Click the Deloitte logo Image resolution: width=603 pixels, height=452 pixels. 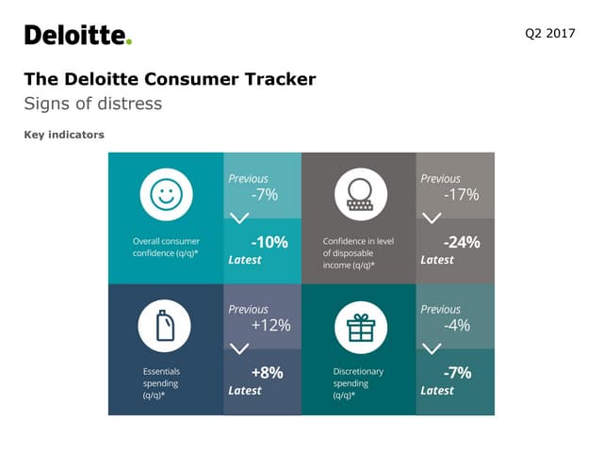78,36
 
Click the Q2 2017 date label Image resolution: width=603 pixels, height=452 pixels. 549,35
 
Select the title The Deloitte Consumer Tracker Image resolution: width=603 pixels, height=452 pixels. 170,79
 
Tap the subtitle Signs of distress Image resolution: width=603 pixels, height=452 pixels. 92,104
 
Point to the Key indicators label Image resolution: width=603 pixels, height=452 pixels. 63,135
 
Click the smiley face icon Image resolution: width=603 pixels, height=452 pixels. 166,195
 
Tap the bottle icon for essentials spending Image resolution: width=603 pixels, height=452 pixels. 166,327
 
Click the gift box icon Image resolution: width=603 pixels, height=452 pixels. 360,327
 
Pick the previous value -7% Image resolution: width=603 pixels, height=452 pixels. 264,195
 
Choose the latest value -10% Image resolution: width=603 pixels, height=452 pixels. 269,242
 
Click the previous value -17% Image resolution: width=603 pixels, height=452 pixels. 461,195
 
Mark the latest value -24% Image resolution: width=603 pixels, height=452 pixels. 462,242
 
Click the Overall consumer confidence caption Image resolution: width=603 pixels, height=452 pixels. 165,247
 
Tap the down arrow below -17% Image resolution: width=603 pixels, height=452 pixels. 432,218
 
